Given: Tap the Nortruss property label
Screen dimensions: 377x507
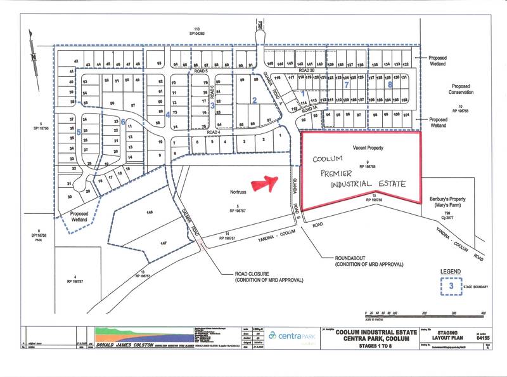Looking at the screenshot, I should pyautogui.click(x=234, y=190).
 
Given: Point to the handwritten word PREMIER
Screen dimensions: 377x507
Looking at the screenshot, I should pyautogui.click(x=341, y=172).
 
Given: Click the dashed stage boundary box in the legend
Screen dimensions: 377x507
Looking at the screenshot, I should pyautogui.click(x=450, y=286).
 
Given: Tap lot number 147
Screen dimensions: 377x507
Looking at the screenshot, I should pyautogui.click(x=164, y=243).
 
